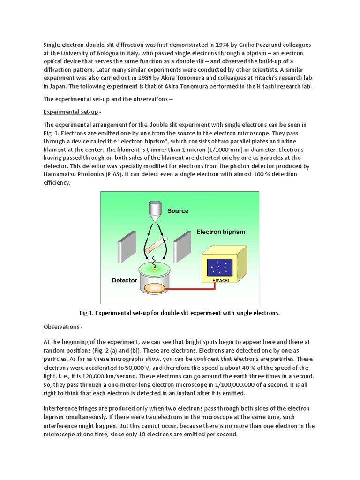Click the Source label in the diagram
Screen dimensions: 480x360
pos(178,211)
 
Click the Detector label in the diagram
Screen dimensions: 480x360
pos(124,280)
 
